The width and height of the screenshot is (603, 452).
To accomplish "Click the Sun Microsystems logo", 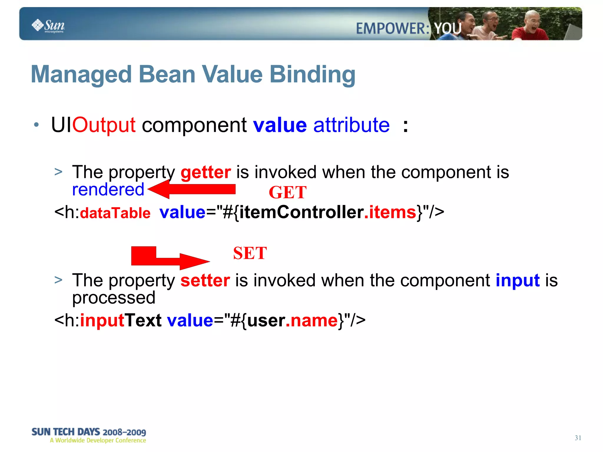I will [48, 26].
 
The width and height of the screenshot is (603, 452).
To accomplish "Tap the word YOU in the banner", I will [448, 29].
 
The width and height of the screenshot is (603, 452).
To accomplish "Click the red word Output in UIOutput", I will [104, 125].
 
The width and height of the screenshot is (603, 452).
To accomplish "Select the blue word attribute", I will [351, 125].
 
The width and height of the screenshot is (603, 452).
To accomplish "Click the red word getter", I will [206, 172].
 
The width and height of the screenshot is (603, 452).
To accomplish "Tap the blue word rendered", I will [108, 189].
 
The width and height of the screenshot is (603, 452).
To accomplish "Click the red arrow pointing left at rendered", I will [191, 189].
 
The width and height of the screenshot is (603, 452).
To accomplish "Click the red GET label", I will [287, 193].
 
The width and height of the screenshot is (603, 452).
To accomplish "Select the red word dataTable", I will [115, 213].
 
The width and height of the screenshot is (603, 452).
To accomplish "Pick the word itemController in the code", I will [301, 212].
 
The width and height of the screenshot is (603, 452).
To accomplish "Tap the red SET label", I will [250, 253].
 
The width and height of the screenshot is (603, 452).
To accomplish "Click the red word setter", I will [205, 280].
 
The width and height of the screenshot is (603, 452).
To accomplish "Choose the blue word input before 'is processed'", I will [518, 280].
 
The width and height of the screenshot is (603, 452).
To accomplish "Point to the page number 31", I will [578, 438].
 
